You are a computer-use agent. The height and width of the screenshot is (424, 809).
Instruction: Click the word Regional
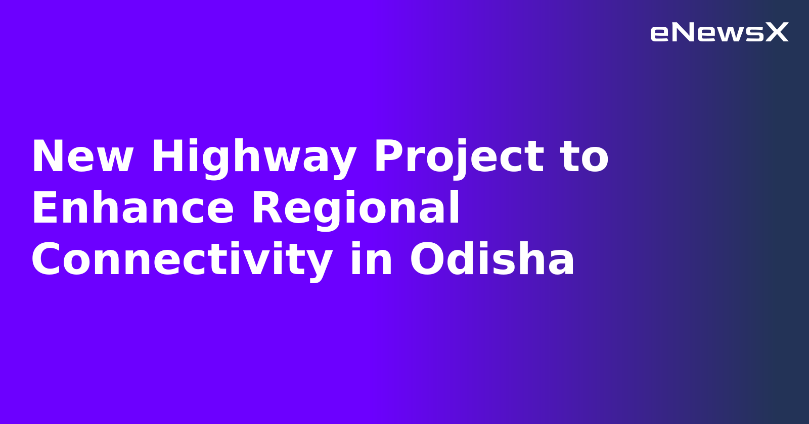click(356, 208)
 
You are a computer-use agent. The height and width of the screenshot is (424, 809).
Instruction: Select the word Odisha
click(492, 259)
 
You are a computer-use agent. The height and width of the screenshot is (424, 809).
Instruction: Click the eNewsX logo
click(719, 33)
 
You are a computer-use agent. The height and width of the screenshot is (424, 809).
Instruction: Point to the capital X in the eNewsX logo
click(777, 33)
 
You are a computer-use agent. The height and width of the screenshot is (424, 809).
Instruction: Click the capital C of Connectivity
click(47, 260)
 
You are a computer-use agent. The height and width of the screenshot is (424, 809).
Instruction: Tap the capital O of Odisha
click(426, 260)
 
